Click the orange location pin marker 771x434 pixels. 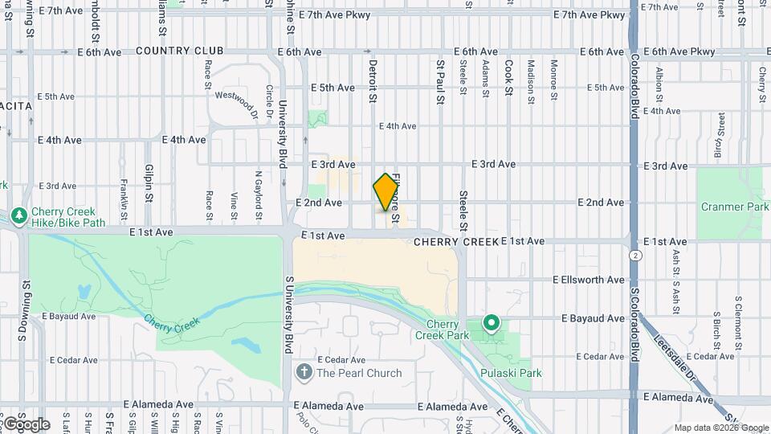(386, 192)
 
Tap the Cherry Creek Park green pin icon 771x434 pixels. (492, 324)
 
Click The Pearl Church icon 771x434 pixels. (304, 372)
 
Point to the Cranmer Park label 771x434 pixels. (735, 207)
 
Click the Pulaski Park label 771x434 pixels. (511, 373)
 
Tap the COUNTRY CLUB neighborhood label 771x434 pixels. (179, 51)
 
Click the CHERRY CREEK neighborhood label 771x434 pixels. (455, 241)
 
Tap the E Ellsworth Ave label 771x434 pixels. (588, 280)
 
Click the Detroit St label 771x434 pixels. (373, 80)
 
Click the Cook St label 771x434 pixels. (508, 79)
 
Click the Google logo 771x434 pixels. (26, 424)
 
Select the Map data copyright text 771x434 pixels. (720, 428)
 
